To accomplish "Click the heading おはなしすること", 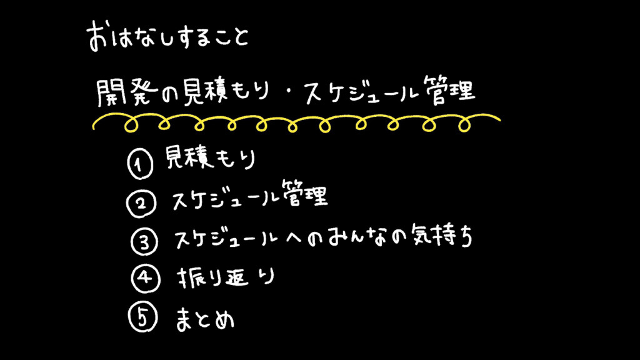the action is pyautogui.click(x=167, y=37).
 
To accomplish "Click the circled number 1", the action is pyautogui.click(x=139, y=165).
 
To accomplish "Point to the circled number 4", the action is pyautogui.click(x=143, y=279).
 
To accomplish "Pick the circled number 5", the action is pyautogui.click(x=141, y=318).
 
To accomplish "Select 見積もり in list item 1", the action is pyautogui.click(x=210, y=160).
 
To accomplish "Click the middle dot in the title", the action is pyautogui.click(x=287, y=95).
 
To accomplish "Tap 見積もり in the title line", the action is pyautogui.click(x=223, y=94).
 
